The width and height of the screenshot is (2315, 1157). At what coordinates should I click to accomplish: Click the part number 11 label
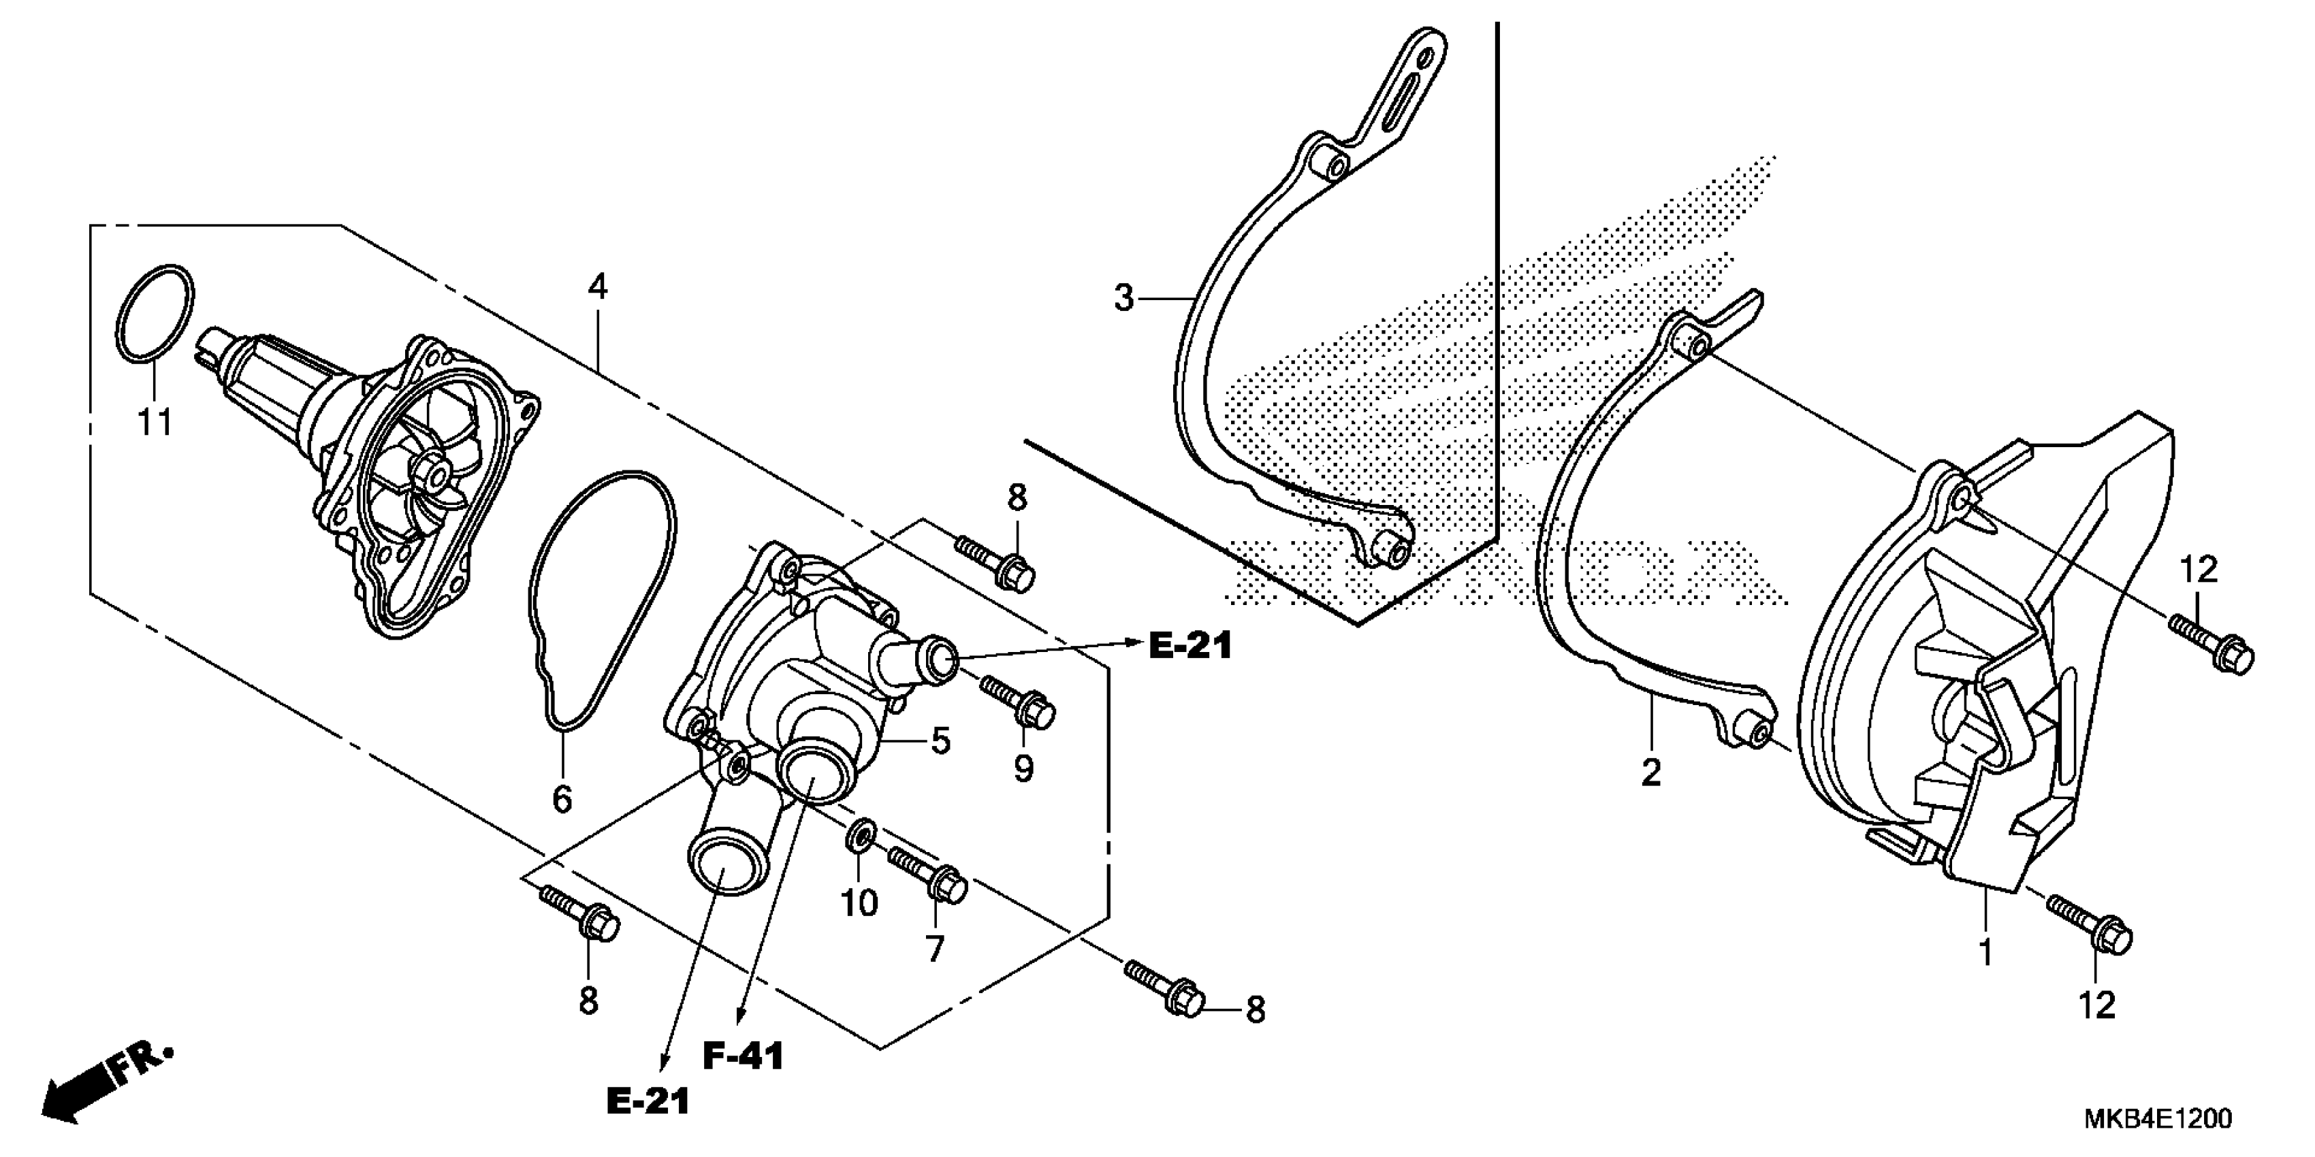154,421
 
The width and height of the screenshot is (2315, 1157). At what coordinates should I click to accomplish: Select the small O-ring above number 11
155,315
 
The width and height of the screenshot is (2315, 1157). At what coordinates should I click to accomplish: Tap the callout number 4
598,287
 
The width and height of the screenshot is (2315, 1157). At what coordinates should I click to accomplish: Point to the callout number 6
562,798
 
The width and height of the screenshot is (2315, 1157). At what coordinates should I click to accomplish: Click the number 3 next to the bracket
1123,297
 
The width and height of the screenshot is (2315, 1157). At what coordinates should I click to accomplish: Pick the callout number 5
940,741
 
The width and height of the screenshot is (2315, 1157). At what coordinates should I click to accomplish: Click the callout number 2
1651,772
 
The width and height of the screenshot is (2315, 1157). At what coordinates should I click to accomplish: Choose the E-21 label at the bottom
648,1101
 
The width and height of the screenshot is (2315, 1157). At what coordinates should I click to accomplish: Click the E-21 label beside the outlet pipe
1190,645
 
